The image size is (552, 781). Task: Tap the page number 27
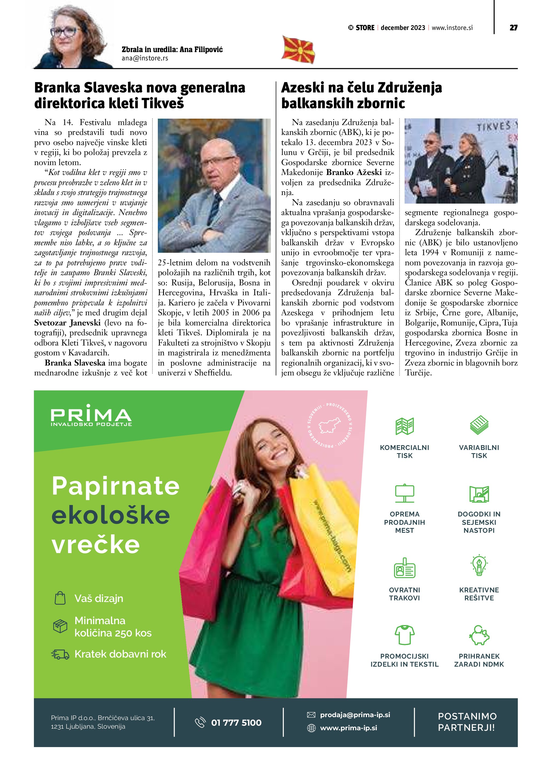click(x=513, y=28)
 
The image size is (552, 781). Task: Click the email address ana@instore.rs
click(x=145, y=58)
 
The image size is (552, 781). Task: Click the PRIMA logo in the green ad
click(x=91, y=415)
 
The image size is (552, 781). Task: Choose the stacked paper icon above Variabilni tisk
click(x=479, y=425)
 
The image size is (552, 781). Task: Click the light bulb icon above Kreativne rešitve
click(x=479, y=565)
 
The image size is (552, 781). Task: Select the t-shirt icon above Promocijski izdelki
click(x=405, y=635)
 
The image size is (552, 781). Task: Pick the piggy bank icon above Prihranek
click(x=479, y=635)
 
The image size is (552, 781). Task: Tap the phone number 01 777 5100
click(x=236, y=722)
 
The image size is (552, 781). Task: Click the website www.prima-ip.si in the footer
click(x=349, y=728)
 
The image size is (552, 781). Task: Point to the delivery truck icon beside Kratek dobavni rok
click(x=60, y=654)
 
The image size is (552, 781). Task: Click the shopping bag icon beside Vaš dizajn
click(x=60, y=598)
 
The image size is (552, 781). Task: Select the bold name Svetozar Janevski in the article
click(x=67, y=323)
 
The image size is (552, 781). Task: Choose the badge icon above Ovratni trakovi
click(x=405, y=568)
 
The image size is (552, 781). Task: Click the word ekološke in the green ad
click(x=111, y=515)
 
